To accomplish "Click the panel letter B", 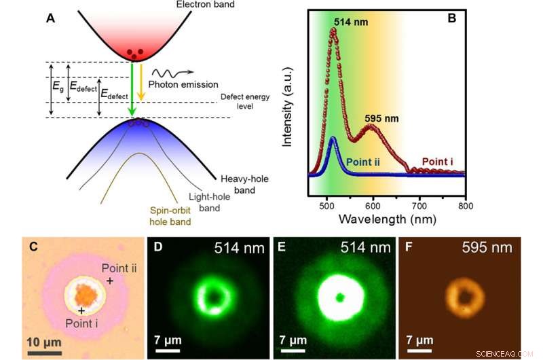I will (x=451, y=18).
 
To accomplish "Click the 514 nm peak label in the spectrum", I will (x=352, y=22).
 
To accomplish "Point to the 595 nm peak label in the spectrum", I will (x=382, y=118).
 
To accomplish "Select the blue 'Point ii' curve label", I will (x=367, y=162).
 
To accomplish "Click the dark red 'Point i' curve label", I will (x=438, y=161).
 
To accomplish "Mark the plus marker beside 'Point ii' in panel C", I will (x=109, y=279).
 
